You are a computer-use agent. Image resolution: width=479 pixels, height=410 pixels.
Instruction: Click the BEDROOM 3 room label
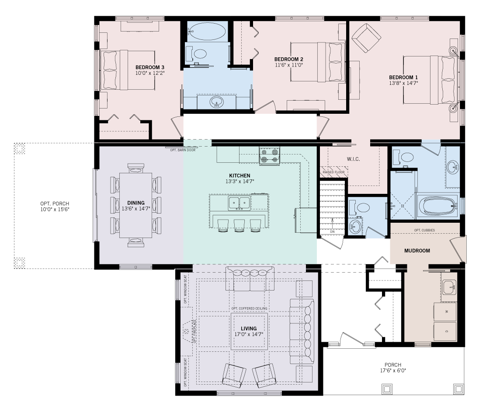pyautogui.click(x=150, y=67)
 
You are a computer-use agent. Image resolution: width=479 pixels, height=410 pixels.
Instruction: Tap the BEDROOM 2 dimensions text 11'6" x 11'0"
pyautogui.click(x=288, y=65)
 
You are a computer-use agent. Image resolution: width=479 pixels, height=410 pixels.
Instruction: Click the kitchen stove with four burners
pyautogui.click(x=269, y=156)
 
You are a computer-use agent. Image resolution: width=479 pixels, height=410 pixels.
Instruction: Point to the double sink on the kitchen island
pyautogui.click(x=239, y=202)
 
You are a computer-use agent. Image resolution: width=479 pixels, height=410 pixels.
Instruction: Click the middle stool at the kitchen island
pyautogui.click(x=239, y=225)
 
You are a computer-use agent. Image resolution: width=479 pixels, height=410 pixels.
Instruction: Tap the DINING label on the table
pyautogui.click(x=136, y=203)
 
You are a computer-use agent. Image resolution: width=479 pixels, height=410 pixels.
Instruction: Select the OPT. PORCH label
pyautogui.click(x=55, y=203)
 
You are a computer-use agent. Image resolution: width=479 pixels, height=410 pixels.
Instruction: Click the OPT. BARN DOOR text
pyautogui.click(x=180, y=150)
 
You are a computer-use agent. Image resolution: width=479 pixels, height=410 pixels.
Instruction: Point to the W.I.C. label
pyautogui.click(x=353, y=159)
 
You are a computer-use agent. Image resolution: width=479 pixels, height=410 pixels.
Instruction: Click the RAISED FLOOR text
pyautogui.click(x=333, y=172)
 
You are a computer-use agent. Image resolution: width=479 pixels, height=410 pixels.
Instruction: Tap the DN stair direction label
pyautogui.click(x=332, y=231)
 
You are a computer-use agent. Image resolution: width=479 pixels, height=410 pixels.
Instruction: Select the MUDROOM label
pyautogui.click(x=417, y=251)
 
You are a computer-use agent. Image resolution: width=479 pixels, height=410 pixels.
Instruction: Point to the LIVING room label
pyautogui.click(x=249, y=329)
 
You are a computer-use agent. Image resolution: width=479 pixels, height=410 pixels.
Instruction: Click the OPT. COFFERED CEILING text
pyautogui.click(x=249, y=308)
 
